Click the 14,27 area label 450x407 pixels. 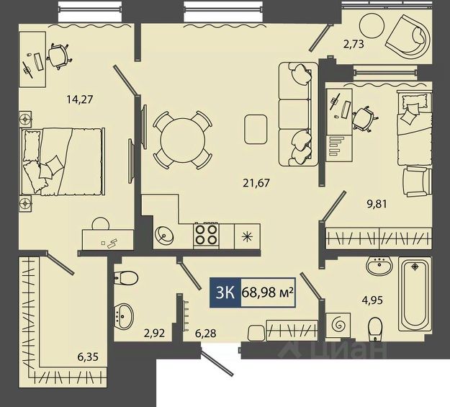[x=80, y=99]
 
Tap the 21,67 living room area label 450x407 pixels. [x=256, y=183]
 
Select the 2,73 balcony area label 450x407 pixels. [x=354, y=44]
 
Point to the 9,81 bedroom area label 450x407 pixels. [x=377, y=204]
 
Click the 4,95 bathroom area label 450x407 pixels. [x=372, y=300]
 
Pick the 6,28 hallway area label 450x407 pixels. [x=206, y=334]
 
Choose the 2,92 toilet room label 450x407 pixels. [x=154, y=334]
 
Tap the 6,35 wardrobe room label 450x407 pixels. [x=88, y=357]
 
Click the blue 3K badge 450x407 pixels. [x=225, y=292]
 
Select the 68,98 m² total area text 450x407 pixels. [x=268, y=292]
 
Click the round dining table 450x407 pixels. [x=183, y=140]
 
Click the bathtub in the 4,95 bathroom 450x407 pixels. [x=415, y=295]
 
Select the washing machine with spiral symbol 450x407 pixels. [x=338, y=325]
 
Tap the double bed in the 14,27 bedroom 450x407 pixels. [x=63, y=161]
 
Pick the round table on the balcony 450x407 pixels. [x=372, y=25]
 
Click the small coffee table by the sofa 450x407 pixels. [x=256, y=129]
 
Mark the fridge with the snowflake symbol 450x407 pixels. [x=247, y=236]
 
